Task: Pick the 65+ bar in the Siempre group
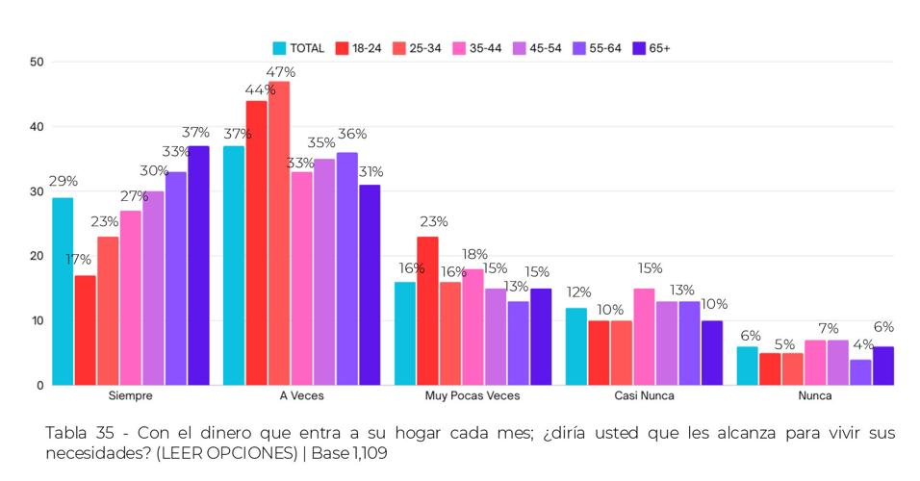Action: coord(198,265)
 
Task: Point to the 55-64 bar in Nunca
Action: coord(860,371)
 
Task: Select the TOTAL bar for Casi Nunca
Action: coord(576,345)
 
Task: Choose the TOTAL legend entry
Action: coord(298,47)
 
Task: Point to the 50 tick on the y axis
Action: coord(37,63)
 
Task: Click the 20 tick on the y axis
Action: coord(37,256)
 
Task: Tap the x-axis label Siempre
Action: coord(131,395)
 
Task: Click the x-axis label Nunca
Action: coord(814,395)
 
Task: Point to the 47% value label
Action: coord(282,72)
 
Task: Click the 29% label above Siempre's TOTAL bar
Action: coord(64,181)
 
